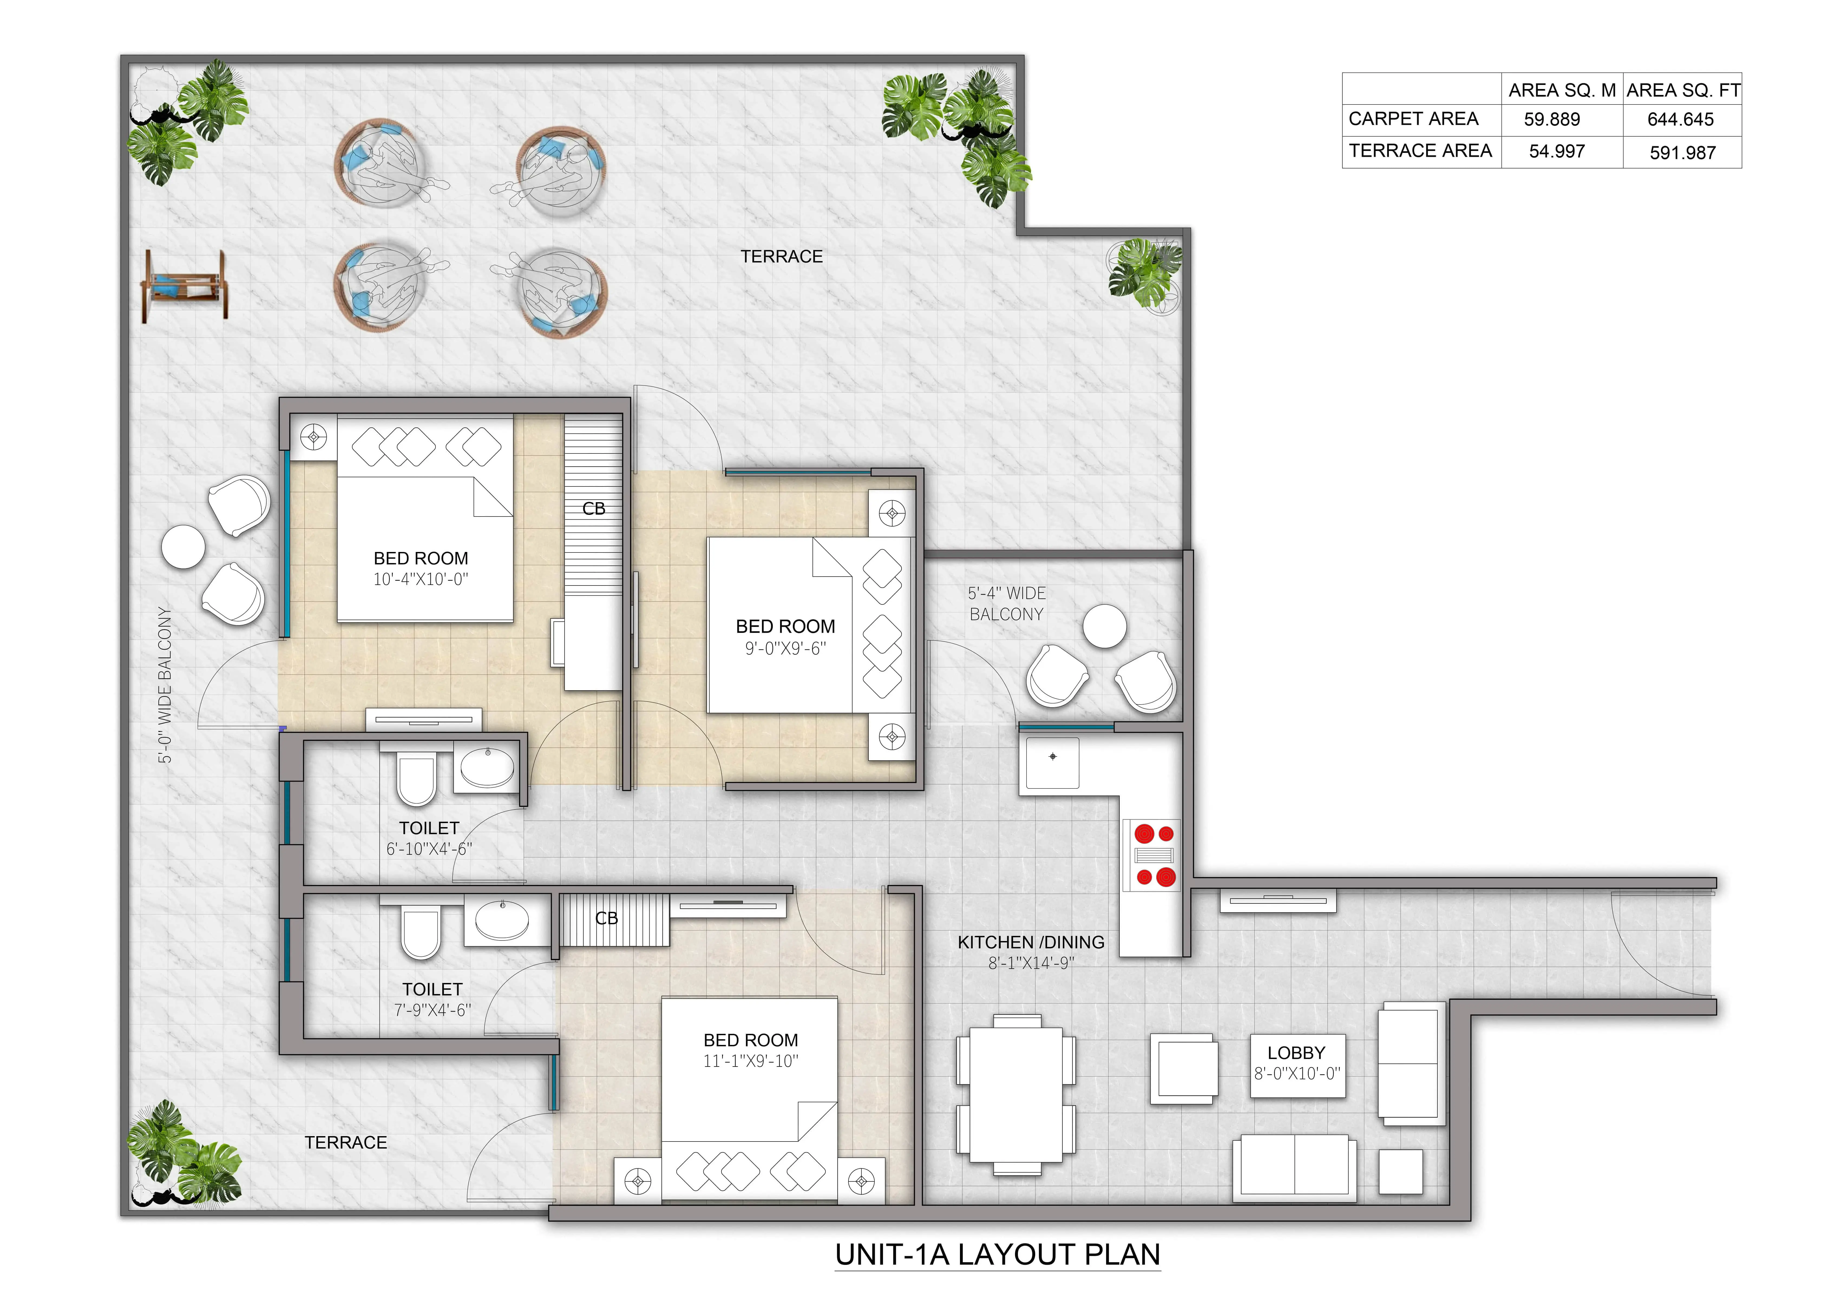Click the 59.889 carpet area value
pos(1552,119)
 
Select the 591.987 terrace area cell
pos(1682,152)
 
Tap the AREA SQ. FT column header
pos(1683,90)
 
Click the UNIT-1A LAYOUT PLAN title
pos(998,1255)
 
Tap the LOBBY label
pos(1296,1053)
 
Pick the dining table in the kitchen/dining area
pos(1015,1094)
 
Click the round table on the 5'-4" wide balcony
pos(1104,626)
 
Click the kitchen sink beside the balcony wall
pos(1052,762)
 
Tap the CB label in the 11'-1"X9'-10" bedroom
pos(606,918)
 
